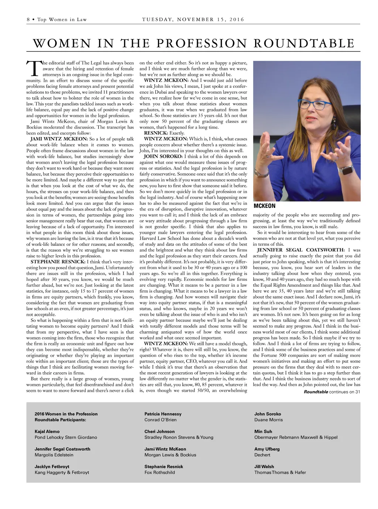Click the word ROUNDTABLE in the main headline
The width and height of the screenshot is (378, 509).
pos(304,43)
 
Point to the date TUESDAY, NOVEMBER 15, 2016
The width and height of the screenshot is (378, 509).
pos(193,20)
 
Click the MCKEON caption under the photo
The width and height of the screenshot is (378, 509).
pos(264,206)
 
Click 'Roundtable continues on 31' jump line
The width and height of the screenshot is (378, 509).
pos(332,392)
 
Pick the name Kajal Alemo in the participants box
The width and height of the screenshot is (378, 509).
pos(47,432)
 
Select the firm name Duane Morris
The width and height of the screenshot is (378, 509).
pos(268,420)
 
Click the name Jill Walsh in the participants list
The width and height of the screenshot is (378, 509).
pos(264,467)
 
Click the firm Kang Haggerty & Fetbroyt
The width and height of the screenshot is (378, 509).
pos(62,473)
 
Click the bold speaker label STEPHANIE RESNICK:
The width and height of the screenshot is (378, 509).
pos(58,262)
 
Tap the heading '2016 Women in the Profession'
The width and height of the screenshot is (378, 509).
pos(66,414)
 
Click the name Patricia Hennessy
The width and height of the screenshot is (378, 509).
pos(163,414)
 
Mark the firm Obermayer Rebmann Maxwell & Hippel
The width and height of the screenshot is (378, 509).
pos(296,437)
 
